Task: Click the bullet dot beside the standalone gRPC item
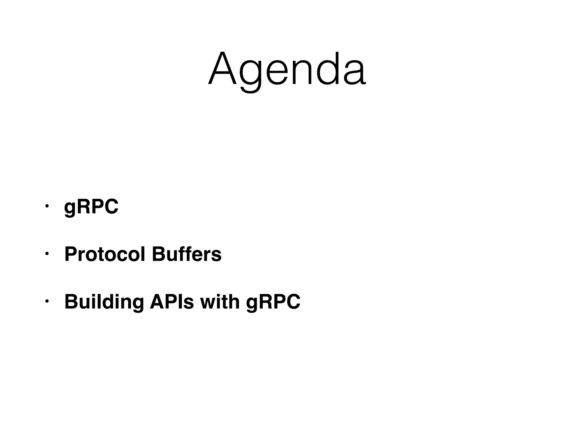click(47, 206)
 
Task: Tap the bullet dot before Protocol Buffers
click(47, 254)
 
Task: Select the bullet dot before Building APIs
click(47, 301)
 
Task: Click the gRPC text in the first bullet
click(91, 207)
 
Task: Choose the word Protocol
click(105, 254)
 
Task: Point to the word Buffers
click(187, 254)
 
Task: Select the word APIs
click(172, 302)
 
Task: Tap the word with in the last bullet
click(220, 302)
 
